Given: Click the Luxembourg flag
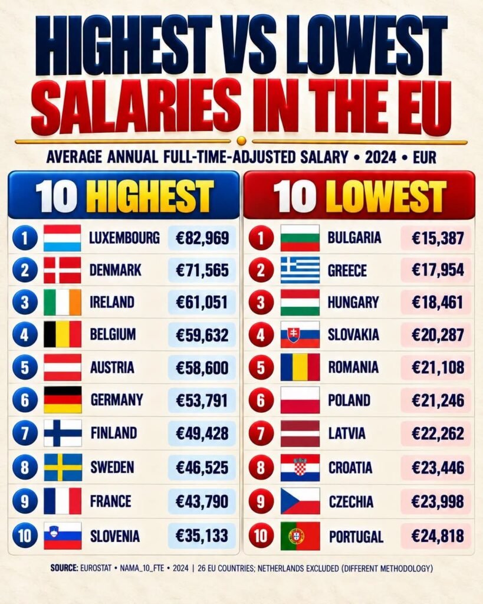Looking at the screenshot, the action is point(63,238).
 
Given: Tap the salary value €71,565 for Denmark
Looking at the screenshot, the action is point(202,270).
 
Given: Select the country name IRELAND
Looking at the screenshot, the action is point(112,303).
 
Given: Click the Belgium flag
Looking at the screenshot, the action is point(63,334).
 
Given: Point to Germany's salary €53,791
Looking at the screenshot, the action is point(202,401).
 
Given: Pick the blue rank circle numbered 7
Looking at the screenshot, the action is point(25,434).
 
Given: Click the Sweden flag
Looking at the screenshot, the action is point(63,467).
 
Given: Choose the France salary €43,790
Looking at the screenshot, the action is point(202,501).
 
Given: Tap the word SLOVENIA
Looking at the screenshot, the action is point(115,536).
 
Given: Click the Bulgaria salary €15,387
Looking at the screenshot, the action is point(438,238).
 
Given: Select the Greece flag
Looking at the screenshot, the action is point(300,270).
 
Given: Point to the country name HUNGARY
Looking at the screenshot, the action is point(353,303).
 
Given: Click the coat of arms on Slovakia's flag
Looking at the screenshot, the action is point(294,336).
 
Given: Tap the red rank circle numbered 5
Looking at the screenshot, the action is point(261,368).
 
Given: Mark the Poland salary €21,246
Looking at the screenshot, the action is point(438,401).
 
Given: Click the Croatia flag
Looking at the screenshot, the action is point(300,468).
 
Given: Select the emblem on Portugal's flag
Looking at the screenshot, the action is point(296,536).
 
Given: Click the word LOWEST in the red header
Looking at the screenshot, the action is point(386,196).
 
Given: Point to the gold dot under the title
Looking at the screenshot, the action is point(242,140).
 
